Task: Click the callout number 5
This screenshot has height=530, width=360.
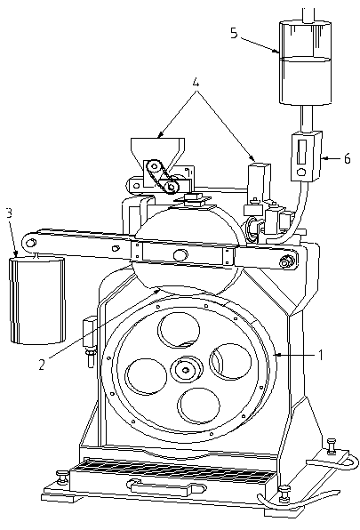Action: (234, 34)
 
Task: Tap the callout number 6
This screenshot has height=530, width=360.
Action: (347, 158)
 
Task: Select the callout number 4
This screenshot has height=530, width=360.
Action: (196, 83)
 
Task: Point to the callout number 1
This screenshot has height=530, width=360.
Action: (321, 355)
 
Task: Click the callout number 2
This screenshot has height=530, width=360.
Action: (42, 365)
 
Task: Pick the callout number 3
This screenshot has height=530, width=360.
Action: (9, 213)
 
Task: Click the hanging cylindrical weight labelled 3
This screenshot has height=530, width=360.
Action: (37, 301)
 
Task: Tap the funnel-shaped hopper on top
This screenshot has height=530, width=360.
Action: (157, 151)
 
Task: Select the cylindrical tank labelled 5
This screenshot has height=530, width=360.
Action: (305, 62)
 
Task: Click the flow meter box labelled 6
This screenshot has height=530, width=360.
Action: (307, 157)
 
